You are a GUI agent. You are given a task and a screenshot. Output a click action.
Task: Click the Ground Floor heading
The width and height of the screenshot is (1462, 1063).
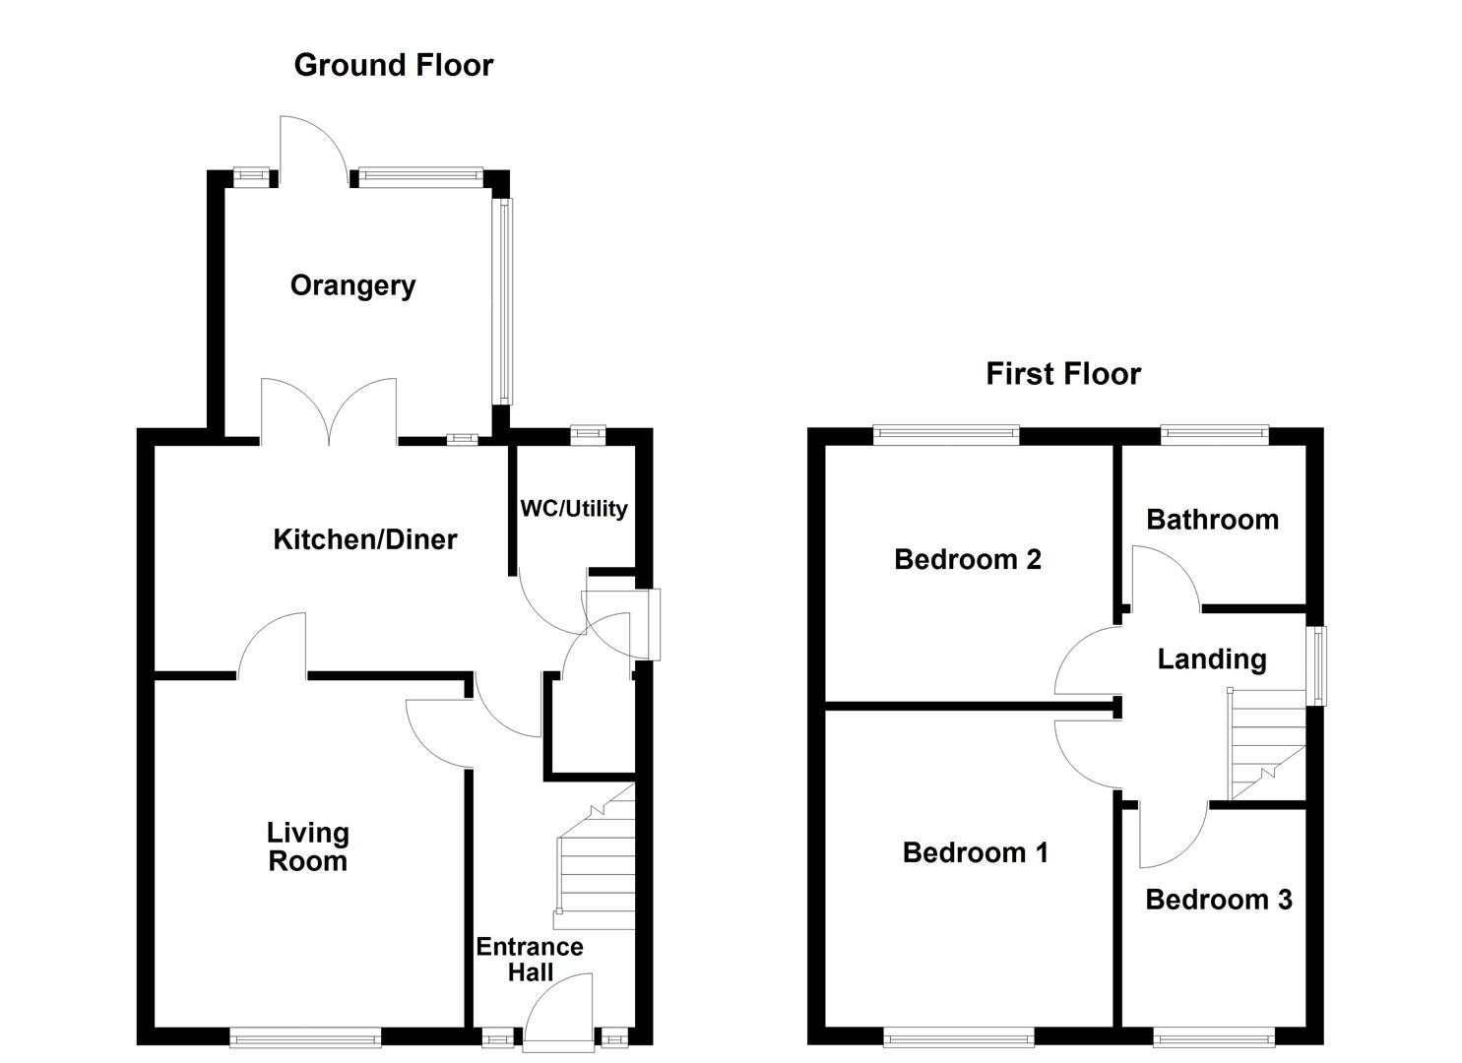393,65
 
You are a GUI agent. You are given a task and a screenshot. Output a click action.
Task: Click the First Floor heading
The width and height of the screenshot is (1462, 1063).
1062,374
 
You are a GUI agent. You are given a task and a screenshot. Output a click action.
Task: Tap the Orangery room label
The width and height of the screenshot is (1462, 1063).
352,285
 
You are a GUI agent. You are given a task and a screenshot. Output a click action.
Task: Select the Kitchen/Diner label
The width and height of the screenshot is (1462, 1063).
364,539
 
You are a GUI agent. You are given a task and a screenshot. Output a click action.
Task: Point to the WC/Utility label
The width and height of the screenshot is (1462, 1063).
573,509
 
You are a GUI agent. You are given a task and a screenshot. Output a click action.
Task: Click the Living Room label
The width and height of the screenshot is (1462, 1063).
307,846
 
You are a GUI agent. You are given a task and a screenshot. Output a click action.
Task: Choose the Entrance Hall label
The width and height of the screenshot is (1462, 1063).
530,960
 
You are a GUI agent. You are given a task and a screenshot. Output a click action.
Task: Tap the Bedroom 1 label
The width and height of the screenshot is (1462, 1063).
975,852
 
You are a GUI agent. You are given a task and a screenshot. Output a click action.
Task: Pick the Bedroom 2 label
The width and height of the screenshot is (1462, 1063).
967,559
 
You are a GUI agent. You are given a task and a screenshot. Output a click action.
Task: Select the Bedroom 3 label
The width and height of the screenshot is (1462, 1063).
1218,900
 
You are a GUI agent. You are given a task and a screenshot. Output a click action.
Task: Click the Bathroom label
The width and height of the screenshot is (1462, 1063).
1212,520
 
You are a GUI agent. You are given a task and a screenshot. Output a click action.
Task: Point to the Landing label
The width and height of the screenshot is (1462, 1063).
1211,659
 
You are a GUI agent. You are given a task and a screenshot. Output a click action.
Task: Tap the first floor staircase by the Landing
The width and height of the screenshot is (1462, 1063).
1264,744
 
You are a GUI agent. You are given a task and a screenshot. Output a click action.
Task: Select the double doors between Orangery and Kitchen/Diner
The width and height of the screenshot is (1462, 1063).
329,413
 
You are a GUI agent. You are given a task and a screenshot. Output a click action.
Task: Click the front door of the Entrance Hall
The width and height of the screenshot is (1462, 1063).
558,1014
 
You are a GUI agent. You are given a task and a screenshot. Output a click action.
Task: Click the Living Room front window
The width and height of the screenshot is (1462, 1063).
305,1036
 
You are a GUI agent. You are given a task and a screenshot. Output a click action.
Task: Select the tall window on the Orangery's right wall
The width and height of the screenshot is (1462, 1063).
503,301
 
